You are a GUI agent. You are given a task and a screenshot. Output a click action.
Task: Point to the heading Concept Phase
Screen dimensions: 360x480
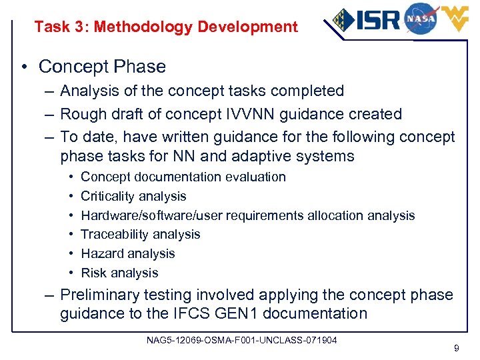point(102,67)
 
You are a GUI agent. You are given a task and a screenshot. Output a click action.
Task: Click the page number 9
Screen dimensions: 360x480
point(455,348)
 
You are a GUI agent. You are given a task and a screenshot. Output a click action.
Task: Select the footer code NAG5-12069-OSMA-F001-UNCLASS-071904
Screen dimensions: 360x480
point(242,341)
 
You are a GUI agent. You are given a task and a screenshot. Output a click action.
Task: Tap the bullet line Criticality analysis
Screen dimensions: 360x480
point(133,196)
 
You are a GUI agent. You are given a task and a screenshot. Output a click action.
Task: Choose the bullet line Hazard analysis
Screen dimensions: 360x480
point(127,253)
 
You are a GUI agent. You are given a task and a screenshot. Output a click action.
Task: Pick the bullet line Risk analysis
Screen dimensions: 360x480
point(119,273)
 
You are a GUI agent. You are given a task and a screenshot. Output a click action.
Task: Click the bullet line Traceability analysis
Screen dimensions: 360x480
point(140,234)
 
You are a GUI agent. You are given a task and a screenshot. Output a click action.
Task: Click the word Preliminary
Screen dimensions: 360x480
point(99,295)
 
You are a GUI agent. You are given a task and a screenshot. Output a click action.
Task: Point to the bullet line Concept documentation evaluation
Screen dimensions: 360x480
point(183,177)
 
